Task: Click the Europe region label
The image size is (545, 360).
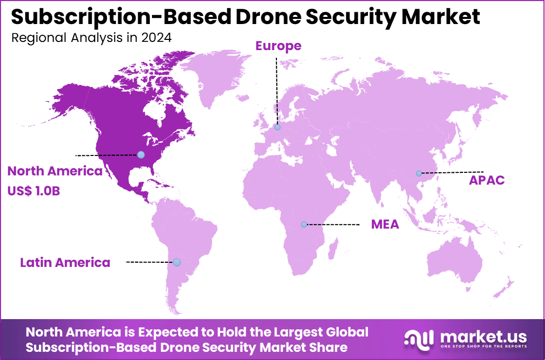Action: pyautogui.click(x=278, y=46)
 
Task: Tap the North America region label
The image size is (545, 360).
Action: pyautogui.click(x=55, y=171)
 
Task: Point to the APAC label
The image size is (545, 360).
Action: pyautogui.click(x=487, y=180)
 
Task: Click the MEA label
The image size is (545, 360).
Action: pyautogui.click(x=385, y=224)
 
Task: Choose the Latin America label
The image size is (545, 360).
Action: pyautogui.click(x=65, y=263)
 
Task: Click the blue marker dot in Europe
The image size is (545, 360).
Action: pyautogui.click(x=277, y=127)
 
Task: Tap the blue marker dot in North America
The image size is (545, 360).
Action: pyautogui.click(x=141, y=154)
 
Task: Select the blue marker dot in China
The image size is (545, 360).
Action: pyautogui.click(x=419, y=173)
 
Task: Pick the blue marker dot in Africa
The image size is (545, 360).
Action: pyautogui.click(x=304, y=224)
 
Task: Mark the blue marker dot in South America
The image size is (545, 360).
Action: pyautogui.click(x=177, y=262)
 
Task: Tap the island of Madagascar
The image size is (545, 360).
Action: pyautogui.click(x=333, y=250)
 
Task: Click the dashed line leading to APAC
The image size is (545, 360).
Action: pyautogui.click(x=453, y=172)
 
